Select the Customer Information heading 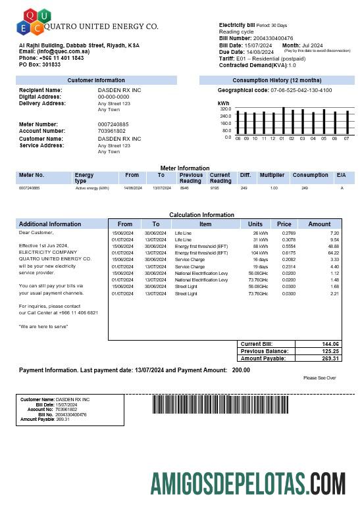(x=96, y=80)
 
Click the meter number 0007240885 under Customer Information (x=113, y=124)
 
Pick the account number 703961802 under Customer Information (x=111, y=131)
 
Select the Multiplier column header (x=272, y=176)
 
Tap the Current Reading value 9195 (x=215, y=188)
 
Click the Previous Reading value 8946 (x=184, y=188)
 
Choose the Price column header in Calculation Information (x=284, y=224)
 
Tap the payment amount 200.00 (x=241, y=370)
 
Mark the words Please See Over (x=320, y=378)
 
